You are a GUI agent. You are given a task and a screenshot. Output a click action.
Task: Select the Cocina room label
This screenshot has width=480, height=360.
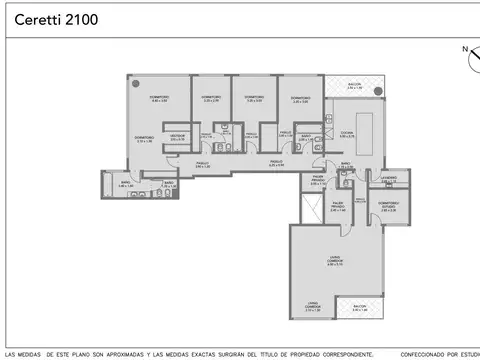[346, 134]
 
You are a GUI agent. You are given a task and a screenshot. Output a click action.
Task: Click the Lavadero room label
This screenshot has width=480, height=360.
[388, 181]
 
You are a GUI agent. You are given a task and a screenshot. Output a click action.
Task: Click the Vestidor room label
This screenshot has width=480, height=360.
[177, 137]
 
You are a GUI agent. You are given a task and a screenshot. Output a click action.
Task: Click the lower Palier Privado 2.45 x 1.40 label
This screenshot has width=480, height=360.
[338, 209]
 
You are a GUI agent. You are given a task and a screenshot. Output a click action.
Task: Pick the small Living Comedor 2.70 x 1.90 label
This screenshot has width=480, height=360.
[312, 308]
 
